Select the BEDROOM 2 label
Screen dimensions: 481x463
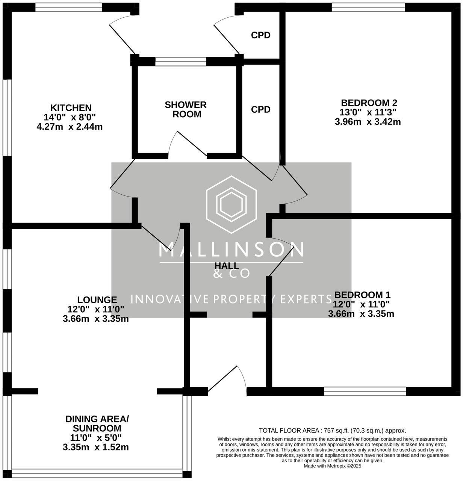[x=369, y=103]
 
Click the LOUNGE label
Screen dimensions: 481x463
[x=97, y=300]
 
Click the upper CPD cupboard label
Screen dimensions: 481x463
[x=261, y=35]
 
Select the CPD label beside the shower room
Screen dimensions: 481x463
[x=261, y=109]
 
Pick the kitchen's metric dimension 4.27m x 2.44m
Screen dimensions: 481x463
[x=70, y=127]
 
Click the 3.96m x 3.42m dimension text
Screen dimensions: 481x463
[x=368, y=122]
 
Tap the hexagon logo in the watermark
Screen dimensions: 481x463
[x=231, y=205]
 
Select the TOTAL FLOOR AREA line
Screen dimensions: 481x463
[x=332, y=431]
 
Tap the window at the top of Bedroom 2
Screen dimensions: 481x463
[x=368, y=6]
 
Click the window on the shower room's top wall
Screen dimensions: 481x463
[x=180, y=62]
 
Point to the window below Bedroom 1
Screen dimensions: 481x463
[x=365, y=392]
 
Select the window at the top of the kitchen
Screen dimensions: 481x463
[x=68, y=6]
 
